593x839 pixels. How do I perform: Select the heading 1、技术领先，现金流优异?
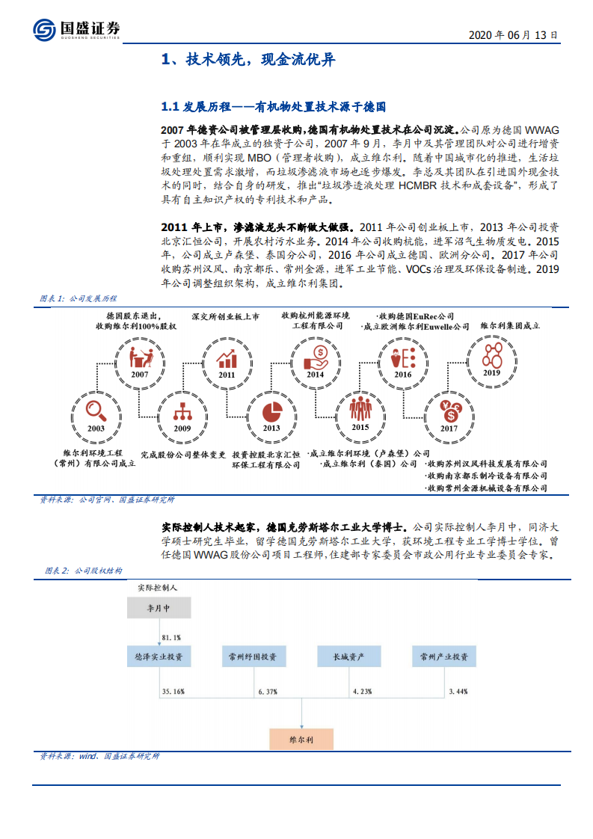(248, 61)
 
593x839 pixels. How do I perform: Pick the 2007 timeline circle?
(139, 358)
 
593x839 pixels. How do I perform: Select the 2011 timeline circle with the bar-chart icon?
(227, 358)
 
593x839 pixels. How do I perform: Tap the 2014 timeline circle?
(315, 358)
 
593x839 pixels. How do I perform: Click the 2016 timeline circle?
(403, 358)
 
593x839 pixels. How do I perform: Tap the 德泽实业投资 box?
(158, 657)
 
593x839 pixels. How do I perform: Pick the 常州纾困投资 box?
(253, 657)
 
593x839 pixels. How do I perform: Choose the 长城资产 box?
(349, 657)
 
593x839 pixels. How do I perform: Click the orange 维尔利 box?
(301, 737)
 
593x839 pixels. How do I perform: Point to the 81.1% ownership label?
(171, 636)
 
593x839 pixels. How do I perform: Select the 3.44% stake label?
(458, 692)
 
